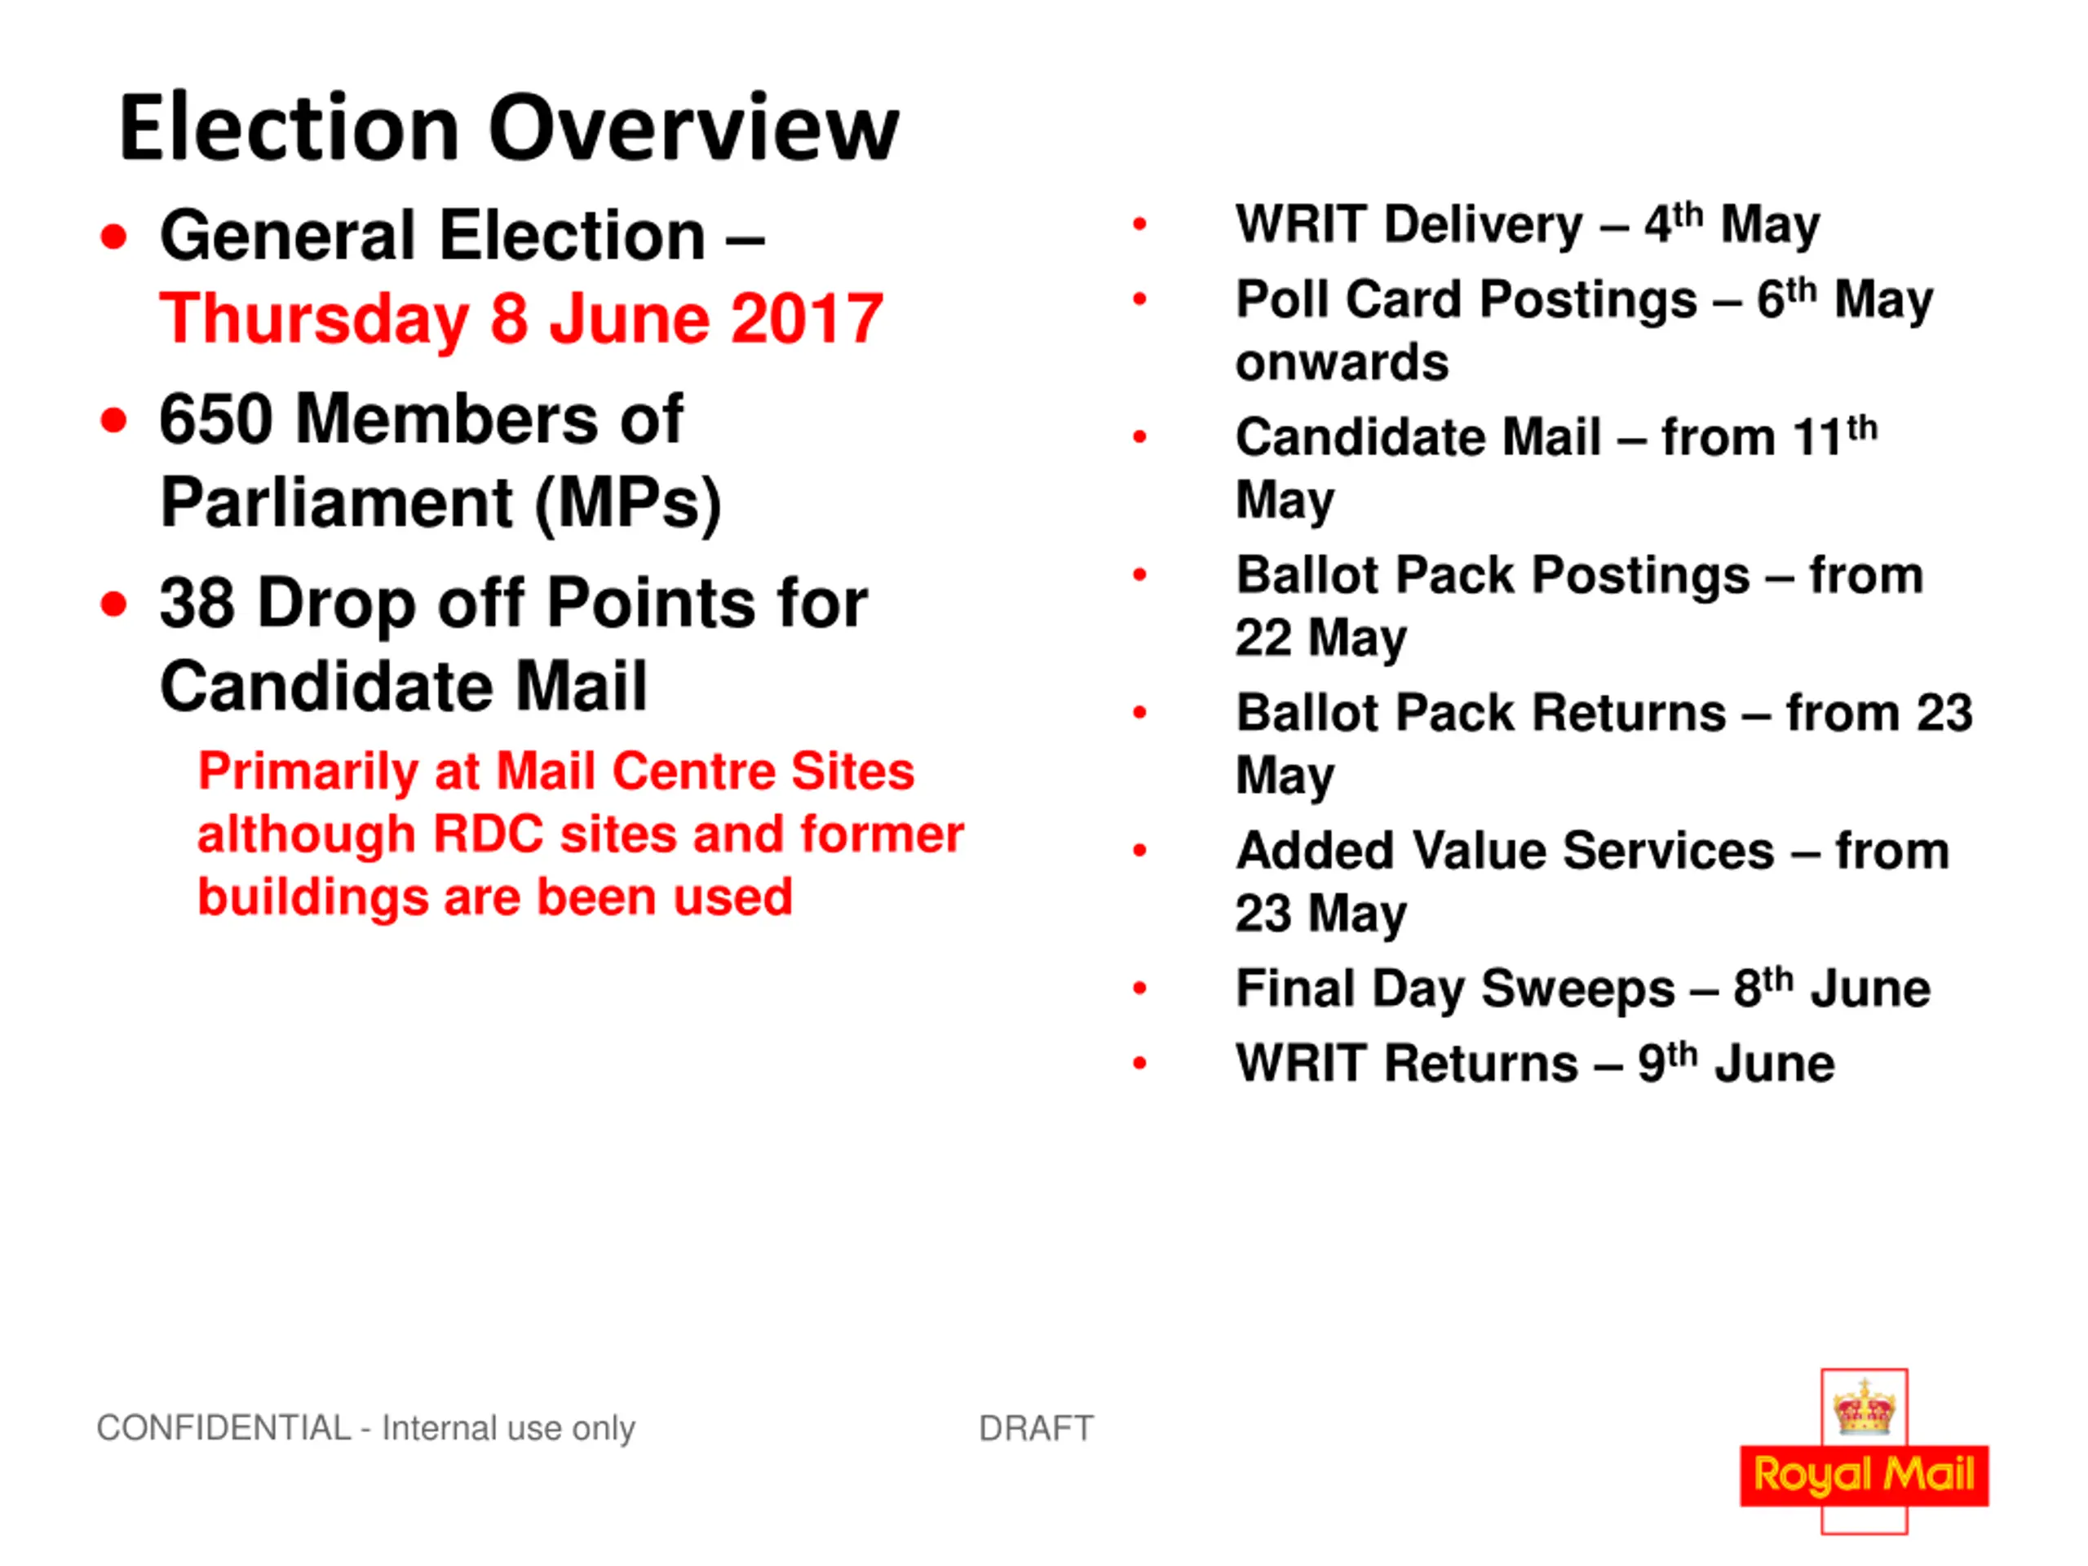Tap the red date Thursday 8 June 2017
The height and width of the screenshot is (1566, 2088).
(x=521, y=319)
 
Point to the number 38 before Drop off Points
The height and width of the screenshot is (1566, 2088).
(x=197, y=604)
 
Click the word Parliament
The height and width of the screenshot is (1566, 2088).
(x=336, y=502)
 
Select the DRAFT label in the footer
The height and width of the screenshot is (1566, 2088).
(x=1037, y=1428)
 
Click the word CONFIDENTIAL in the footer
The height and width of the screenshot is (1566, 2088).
(x=223, y=1428)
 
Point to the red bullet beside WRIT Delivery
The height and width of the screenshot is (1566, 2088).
(x=1139, y=223)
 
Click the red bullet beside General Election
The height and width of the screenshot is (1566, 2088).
(x=113, y=237)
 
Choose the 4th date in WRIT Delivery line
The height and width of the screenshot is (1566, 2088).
(x=1674, y=223)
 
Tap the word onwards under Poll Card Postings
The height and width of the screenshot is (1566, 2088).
(x=1342, y=362)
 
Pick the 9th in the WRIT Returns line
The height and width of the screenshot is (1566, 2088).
(x=1667, y=1063)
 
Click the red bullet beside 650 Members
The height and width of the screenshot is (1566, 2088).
(x=113, y=421)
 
